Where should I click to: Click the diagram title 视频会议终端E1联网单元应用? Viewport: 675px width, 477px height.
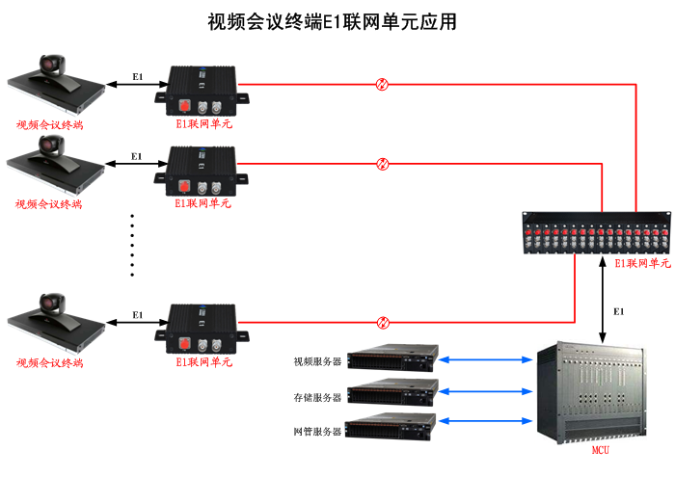[x=333, y=22]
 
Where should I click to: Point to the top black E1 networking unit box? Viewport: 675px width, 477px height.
[x=203, y=90]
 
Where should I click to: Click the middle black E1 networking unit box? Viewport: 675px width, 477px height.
[x=203, y=170]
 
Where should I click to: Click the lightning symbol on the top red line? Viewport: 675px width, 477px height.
[x=382, y=84]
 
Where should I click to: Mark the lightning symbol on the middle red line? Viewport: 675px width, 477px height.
[x=383, y=164]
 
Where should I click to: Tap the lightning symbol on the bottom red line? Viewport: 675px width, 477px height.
[x=383, y=323]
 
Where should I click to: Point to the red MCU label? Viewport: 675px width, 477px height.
[x=600, y=450]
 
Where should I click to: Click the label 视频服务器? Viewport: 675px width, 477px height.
[x=318, y=362]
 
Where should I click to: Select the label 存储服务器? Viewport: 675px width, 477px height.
[x=318, y=397]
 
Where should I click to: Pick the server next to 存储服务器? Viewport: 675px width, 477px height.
[x=392, y=391]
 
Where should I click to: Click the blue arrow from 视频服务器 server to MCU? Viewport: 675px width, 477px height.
[x=488, y=361]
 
